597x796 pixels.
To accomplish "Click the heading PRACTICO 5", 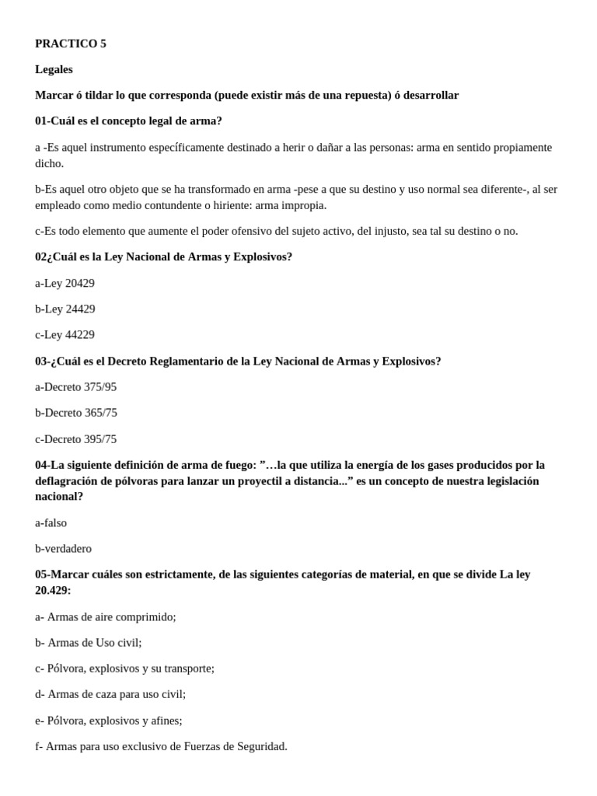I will coord(71,44).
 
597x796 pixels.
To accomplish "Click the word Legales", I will coord(54,69).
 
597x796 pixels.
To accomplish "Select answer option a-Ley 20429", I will coord(65,283).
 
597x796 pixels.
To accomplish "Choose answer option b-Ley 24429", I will coord(65,309).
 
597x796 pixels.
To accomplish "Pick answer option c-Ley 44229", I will coord(65,334).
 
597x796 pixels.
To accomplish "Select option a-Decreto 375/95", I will coord(75,386).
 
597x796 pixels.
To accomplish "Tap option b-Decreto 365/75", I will coord(76,413).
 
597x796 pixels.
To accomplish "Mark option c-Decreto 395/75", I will coord(75,438).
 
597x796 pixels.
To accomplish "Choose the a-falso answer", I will coord(51,522).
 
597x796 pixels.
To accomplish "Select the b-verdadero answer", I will coord(63,548).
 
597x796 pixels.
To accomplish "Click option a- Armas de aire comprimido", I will coord(106,616).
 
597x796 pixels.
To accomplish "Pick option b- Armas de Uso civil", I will coord(89,642).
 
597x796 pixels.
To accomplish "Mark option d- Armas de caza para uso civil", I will coord(110,693).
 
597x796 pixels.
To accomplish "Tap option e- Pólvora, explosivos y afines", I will coord(109,720).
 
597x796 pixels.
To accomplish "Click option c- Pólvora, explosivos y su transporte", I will coord(124,668).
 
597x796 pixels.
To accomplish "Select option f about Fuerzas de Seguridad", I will coord(161,746).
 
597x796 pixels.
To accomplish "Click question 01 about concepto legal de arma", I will coord(128,120).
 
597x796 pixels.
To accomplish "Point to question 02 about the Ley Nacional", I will coord(163,257).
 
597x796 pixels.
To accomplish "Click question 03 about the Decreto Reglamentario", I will coord(238,361).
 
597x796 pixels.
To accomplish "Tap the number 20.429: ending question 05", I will coord(53,590).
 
